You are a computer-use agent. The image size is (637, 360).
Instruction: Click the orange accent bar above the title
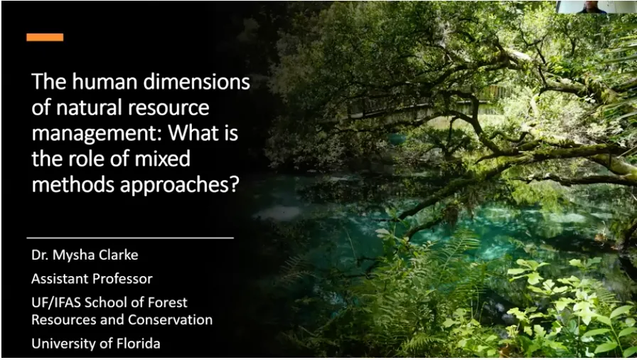point(45,37)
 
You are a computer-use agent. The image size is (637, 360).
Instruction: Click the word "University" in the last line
point(63,343)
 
